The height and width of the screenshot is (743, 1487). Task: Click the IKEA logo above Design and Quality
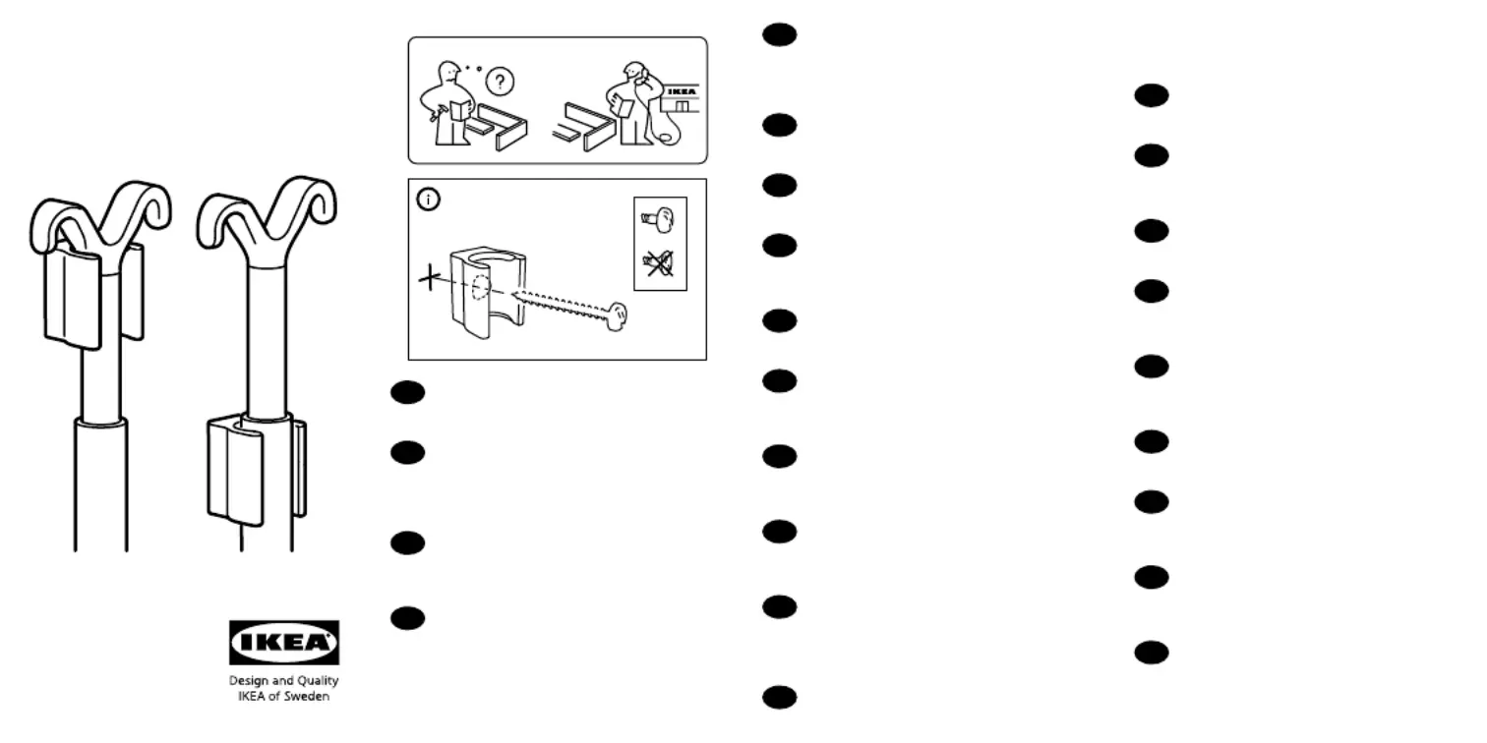tap(284, 642)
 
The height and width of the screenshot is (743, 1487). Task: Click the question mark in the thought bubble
tap(500, 83)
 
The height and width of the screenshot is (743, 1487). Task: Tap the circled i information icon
tap(428, 199)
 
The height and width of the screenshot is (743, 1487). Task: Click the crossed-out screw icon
tap(659, 264)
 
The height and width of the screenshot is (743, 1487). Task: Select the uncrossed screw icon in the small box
tap(658, 219)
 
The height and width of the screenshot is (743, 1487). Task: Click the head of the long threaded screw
tap(617, 317)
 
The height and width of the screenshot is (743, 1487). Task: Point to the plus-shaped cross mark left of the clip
tap(430, 277)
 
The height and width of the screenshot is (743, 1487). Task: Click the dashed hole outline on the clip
tap(481, 289)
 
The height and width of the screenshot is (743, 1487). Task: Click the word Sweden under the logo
tap(308, 696)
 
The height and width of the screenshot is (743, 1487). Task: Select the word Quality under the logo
tap(317, 681)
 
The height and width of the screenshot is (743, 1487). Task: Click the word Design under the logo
tap(248, 681)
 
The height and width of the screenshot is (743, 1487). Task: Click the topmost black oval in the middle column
tap(779, 34)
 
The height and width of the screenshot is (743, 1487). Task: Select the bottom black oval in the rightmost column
tap(1151, 653)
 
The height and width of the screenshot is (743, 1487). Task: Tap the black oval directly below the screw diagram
tap(407, 392)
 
